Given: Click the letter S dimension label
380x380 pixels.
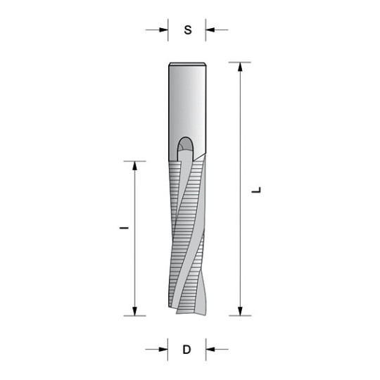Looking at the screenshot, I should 187,30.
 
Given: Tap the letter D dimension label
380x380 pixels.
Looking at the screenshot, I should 187,349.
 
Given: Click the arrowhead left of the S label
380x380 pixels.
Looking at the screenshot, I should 164,30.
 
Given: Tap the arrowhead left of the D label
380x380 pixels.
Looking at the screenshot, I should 164,348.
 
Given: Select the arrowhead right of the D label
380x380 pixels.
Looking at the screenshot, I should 210,348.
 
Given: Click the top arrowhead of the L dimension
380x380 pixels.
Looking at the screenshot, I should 241,68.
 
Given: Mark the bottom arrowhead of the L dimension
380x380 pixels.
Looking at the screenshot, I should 241,310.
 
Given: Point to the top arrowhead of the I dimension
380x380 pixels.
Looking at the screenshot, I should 134,166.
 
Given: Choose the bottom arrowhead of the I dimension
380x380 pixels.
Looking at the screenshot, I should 134,310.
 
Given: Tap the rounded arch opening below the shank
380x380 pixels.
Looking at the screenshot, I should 186,144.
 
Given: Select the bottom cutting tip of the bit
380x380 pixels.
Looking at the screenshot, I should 187,310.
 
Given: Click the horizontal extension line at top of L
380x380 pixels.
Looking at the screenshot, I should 239,62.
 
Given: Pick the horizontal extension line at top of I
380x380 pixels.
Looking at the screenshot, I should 134,160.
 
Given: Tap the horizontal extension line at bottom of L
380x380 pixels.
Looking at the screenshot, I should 239,316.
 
